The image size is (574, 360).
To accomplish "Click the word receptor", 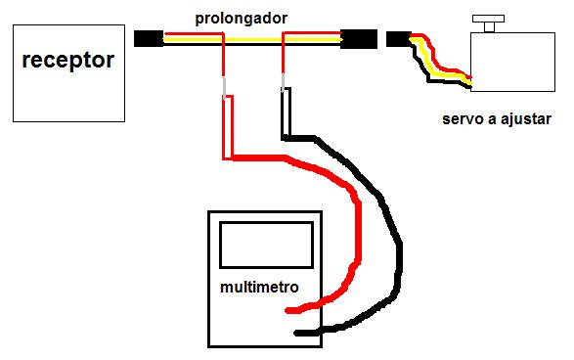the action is point(68,61).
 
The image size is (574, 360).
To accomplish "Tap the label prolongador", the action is point(242,19).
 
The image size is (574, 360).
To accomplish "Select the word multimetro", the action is point(259,287).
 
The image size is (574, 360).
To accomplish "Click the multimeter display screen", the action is point(267,245).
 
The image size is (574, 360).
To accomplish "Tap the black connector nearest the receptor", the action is point(149,38).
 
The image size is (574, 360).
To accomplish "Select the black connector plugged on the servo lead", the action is point(399,39).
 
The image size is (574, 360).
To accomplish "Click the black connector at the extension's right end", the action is point(359,39).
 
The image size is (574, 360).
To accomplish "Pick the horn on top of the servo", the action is point(488,22).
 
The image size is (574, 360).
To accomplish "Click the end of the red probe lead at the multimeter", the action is point(288,310).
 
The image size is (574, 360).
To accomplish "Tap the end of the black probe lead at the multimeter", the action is point(297,334).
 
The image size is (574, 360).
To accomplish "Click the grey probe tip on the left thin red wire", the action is point(224,88).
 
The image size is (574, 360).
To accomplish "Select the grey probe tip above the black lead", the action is point(283,83).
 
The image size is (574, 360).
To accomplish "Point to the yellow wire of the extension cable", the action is point(252,39).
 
